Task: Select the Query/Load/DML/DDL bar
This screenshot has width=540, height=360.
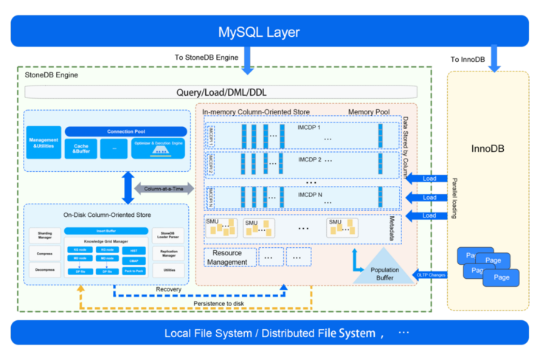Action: (x=221, y=92)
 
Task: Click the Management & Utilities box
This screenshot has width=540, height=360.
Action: (x=44, y=142)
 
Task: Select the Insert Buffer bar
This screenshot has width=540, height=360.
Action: (x=105, y=230)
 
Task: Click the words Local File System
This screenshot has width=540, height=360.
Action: (x=209, y=333)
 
